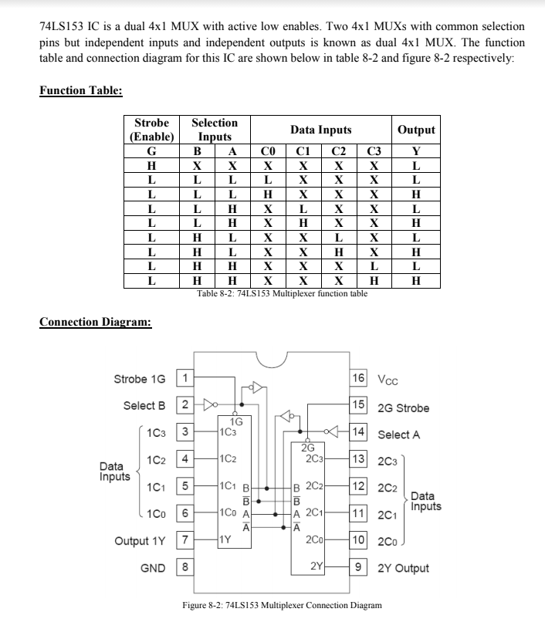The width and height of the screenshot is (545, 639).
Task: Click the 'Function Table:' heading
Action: pos(81,91)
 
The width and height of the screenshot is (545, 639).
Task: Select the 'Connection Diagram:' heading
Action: pos(95,322)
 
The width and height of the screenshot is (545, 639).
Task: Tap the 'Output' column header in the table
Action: pos(416,130)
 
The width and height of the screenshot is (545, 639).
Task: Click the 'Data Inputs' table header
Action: pos(320,130)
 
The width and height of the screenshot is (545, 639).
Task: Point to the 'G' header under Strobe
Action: pos(151,151)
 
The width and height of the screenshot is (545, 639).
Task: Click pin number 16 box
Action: pos(359,379)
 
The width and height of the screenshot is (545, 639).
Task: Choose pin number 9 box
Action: pos(359,569)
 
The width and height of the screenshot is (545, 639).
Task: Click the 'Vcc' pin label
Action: pos(388,380)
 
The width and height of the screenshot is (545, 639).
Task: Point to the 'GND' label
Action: pos(152,569)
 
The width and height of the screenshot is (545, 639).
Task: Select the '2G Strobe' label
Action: pos(403,407)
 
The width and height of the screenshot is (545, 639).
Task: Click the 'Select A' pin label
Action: pos(399,434)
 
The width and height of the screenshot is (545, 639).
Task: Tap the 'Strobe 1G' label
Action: pos(140,379)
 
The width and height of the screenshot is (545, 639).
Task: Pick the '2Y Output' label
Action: pos(404,569)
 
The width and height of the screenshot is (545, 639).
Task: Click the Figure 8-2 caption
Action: pos(282,605)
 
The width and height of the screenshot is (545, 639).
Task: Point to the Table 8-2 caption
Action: pos(282,294)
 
